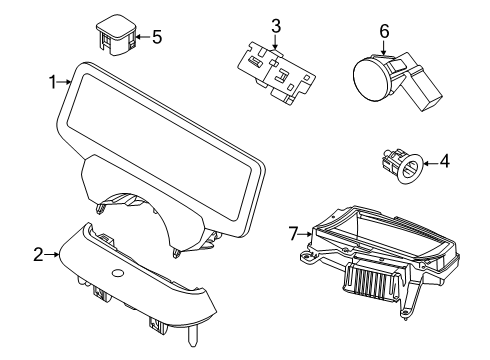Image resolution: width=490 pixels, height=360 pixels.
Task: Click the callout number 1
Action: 53,82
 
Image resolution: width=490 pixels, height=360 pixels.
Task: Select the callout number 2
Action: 38,255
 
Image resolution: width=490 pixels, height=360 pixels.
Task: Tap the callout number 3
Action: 276,26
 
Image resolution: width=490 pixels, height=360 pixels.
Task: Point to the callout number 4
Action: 445,161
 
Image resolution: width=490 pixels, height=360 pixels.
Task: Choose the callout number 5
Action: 157,37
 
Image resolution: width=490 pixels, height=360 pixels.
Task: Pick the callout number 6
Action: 384,31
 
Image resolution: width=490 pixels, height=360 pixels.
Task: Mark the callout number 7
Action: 292,233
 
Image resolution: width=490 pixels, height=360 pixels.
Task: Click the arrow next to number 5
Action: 142,37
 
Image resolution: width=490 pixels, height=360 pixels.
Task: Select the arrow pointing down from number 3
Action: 275,42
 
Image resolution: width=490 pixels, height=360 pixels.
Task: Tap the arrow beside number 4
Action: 430,163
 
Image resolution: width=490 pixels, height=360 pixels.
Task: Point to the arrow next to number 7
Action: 305,234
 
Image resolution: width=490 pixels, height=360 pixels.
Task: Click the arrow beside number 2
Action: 52,254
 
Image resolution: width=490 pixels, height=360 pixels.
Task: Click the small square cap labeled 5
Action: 116,34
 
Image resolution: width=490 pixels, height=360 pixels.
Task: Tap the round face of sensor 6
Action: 370,79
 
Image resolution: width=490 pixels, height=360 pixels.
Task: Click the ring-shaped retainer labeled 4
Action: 411,168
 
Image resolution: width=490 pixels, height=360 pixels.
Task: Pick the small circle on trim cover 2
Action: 118,273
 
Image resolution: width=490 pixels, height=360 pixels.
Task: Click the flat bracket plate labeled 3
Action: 276,73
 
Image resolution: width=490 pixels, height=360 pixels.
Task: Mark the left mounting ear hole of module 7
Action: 304,257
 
